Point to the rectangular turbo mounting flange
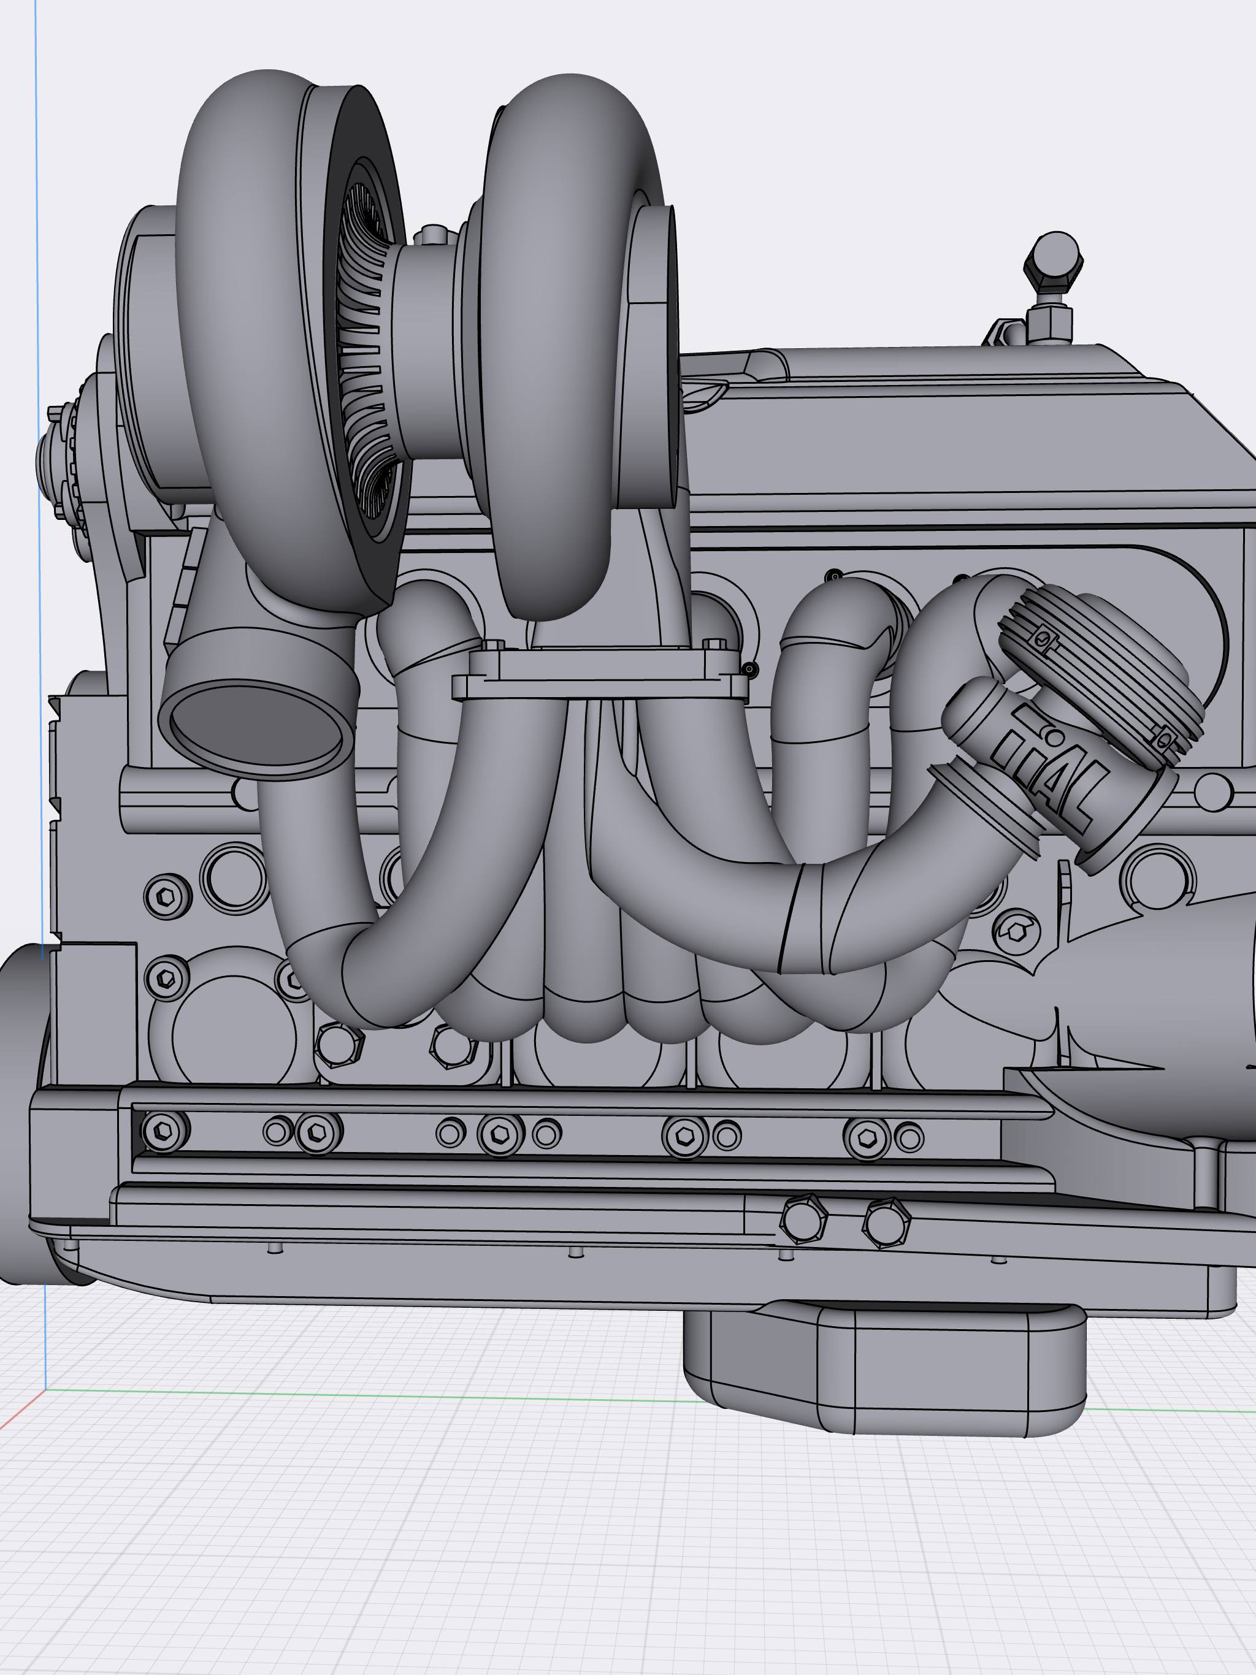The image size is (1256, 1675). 599,674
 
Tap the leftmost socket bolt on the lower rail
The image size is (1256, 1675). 164,1131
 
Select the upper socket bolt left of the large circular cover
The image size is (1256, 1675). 167,896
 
